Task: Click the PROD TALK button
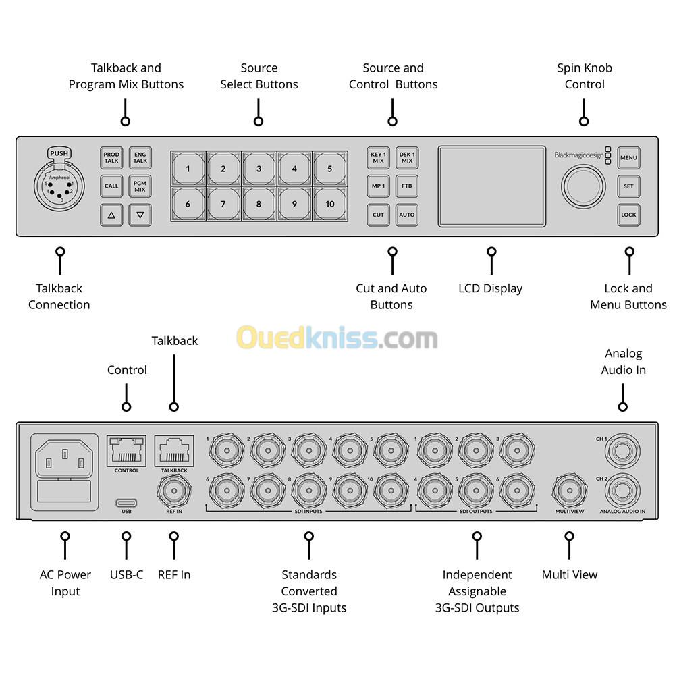(x=111, y=158)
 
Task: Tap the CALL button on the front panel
(x=111, y=186)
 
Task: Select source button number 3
(x=259, y=169)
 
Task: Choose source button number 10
(x=329, y=204)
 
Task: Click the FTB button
(x=406, y=186)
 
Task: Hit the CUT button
(x=378, y=215)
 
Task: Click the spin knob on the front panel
(x=583, y=186)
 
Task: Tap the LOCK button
(x=628, y=215)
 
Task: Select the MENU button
(x=628, y=158)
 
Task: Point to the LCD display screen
(x=491, y=186)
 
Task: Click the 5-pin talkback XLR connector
(x=59, y=190)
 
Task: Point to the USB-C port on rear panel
(x=126, y=502)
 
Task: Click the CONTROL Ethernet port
(x=126, y=449)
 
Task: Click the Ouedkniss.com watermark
(x=337, y=337)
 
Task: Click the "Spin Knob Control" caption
(x=584, y=76)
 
